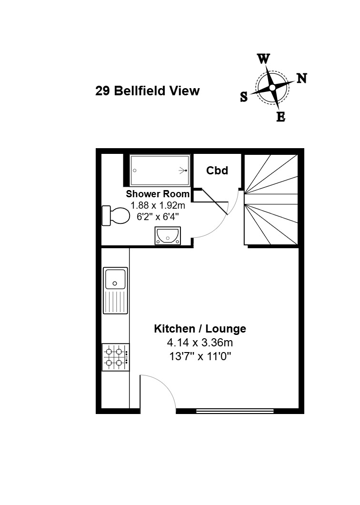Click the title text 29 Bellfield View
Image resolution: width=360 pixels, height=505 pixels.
[147, 91]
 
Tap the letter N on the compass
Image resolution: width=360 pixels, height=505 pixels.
[302, 78]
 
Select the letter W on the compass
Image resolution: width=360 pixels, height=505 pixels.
[263, 59]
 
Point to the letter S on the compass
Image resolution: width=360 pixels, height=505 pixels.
[244, 97]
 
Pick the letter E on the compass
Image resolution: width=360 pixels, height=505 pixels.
[281, 117]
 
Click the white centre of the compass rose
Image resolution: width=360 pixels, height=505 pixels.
[272, 88]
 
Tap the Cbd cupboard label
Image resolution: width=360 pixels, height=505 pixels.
[217, 171]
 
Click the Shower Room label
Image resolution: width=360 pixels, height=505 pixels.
[158, 194]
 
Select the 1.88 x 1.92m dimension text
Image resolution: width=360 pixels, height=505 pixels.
[158, 205]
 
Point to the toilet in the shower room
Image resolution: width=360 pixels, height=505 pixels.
[115, 215]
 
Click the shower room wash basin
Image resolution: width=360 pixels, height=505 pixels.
[168, 236]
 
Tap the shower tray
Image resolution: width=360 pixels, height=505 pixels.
[160, 171]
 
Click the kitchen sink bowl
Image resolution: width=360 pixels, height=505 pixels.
[115, 279]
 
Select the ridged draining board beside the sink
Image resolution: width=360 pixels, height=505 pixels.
[115, 302]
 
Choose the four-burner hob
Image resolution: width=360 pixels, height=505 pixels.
[116, 357]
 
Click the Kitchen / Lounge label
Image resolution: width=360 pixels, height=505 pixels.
[200, 329]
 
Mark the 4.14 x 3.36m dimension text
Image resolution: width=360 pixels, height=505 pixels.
[200, 343]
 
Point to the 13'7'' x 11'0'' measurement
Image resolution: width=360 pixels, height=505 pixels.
[200, 356]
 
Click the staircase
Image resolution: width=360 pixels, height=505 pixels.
[271, 200]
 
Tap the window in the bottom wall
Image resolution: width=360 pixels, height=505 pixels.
[235, 411]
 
